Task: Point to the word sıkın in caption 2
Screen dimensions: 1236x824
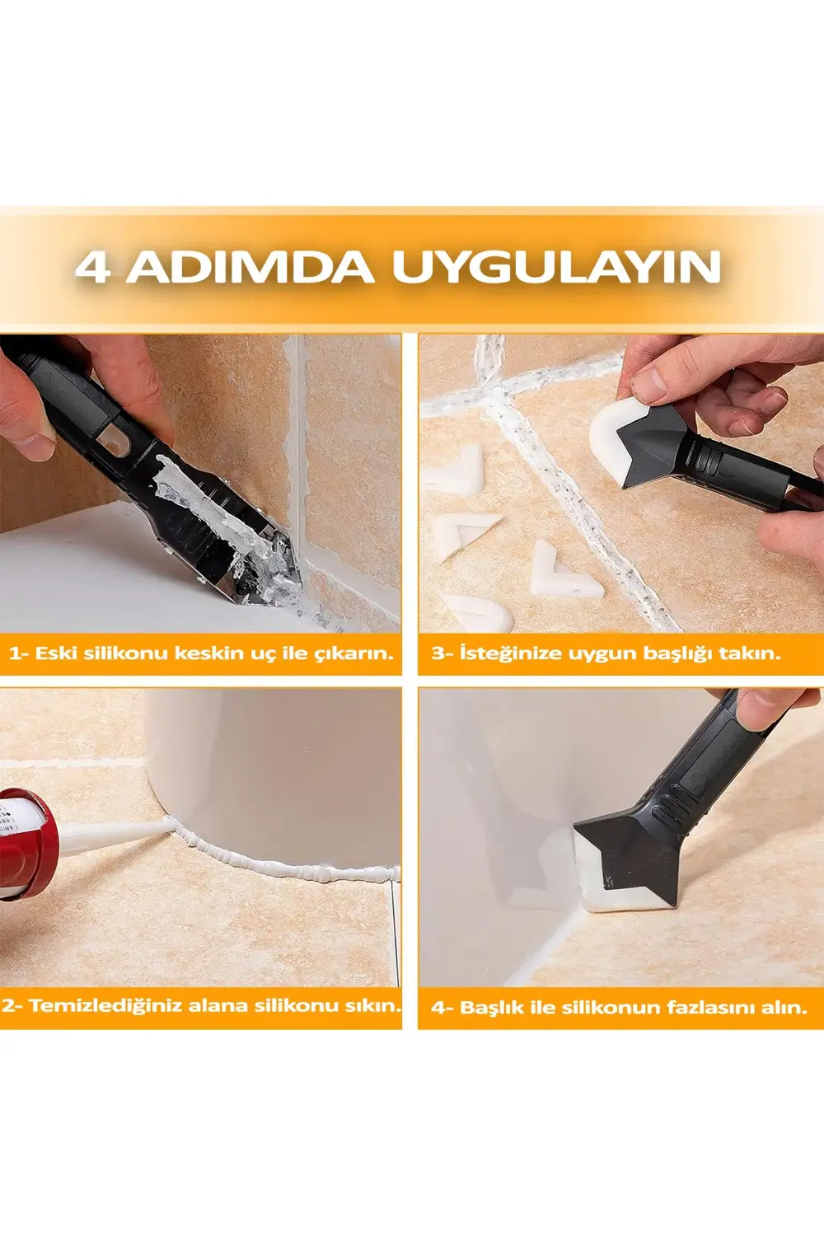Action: click(376, 1005)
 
